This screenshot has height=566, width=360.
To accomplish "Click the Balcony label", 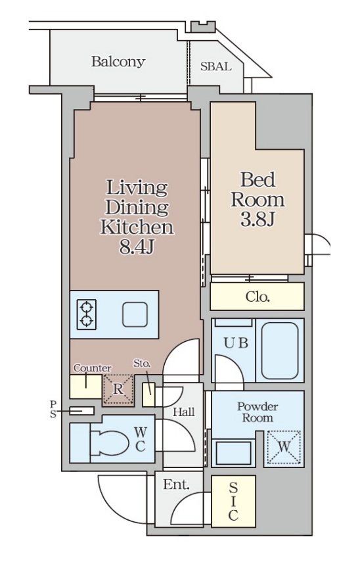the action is (x=118, y=62).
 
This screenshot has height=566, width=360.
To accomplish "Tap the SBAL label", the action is (x=215, y=67).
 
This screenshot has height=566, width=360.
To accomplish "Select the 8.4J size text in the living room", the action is (x=137, y=247).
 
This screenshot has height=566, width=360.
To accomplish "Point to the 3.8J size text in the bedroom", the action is (x=258, y=219).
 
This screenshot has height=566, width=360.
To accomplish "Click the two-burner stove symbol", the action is (x=87, y=314).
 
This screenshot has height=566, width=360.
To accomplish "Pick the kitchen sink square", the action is (x=135, y=315).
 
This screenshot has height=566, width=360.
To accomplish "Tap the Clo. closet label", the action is (x=258, y=296).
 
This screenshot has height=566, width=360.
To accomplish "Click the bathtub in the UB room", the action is (x=280, y=350).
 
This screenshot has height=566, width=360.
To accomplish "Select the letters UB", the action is (x=236, y=343).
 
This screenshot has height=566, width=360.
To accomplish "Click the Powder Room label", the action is (x=258, y=412).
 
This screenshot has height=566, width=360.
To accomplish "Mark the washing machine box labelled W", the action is (x=284, y=447).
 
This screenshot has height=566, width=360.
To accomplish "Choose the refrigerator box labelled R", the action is (x=118, y=389).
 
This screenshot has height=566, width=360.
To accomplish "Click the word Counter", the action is (x=93, y=368).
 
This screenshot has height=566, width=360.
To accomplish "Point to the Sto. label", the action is (x=142, y=364).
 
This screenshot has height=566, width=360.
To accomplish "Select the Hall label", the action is (x=183, y=412).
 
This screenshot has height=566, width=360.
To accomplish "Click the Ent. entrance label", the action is (x=176, y=484).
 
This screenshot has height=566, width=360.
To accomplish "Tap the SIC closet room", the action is (x=233, y=502).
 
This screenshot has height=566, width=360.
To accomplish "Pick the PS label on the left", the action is (x=53, y=409).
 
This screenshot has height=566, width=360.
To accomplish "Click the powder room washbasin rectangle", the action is (x=233, y=453).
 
